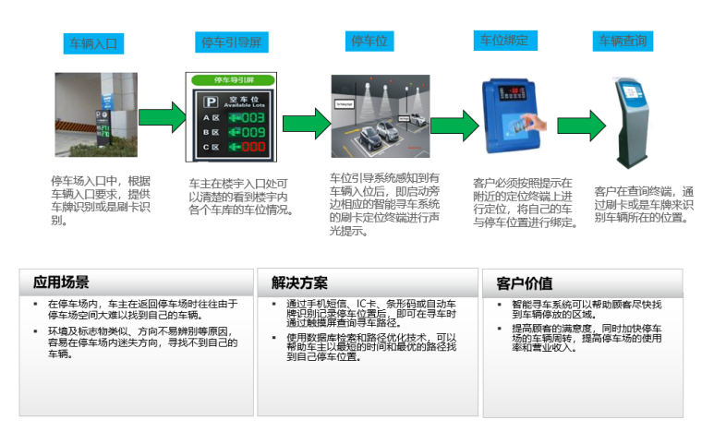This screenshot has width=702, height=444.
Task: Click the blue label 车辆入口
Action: (x=92, y=43)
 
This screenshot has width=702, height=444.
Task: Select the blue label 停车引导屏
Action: (x=232, y=42)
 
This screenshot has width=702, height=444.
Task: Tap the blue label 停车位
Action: (x=369, y=42)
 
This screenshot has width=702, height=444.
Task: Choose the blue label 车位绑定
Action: (x=504, y=41)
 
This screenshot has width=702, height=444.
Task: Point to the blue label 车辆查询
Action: (x=623, y=41)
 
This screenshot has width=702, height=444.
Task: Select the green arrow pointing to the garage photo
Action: (x=305, y=124)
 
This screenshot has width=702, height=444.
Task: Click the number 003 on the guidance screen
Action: (x=252, y=118)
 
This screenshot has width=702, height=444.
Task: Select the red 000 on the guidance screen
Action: (x=252, y=148)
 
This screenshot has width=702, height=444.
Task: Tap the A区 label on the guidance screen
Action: (x=211, y=118)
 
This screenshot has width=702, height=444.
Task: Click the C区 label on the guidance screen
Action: (x=211, y=148)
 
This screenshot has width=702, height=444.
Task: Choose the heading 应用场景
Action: (x=62, y=282)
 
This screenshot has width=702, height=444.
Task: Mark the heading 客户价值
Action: (x=525, y=282)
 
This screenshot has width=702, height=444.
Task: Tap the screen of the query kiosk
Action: (x=632, y=92)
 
